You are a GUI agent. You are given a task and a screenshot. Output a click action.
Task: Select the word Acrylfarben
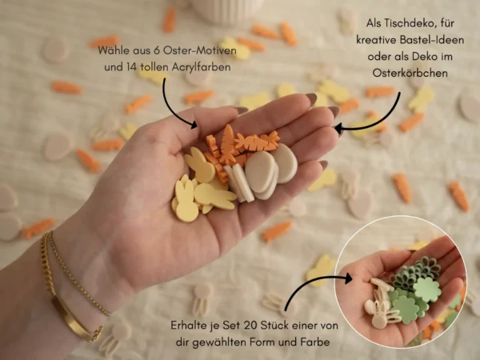tap(201, 67)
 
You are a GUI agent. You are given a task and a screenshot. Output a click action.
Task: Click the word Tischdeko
tap(410, 23)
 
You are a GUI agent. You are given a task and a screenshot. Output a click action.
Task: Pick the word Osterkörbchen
tap(410, 73)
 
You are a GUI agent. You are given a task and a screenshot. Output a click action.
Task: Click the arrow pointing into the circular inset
tap(309, 283)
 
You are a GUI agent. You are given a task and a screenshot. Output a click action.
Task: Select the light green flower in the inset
tap(427, 289)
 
